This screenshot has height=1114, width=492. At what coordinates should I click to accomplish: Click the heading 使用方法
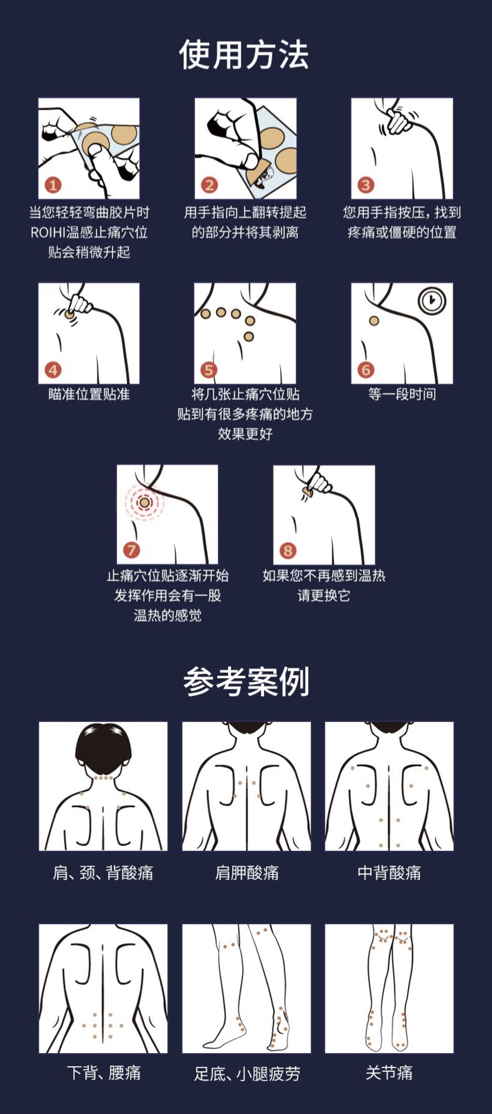tap(244, 55)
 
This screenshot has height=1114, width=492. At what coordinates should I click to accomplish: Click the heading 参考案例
tap(246, 681)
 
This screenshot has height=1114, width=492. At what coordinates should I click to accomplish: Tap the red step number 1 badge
tap(53, 185)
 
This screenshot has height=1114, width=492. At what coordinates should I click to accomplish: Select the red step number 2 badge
tap(209, 185)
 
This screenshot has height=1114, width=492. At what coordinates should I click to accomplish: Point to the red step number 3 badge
tap(366, 185)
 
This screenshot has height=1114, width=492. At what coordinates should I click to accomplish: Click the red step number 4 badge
tap(53, 370)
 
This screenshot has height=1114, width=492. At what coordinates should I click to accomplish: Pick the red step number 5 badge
tap(209, 370)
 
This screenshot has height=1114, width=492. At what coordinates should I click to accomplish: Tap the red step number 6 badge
tap(366, 370)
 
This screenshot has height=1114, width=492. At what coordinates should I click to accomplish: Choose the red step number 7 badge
tap(131, 551)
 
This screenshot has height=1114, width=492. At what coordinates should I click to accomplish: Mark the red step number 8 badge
tap(288, 551)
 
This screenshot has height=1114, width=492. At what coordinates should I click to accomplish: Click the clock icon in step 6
tap(432, 301)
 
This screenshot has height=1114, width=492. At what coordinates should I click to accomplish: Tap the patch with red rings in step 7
tap(144, 502)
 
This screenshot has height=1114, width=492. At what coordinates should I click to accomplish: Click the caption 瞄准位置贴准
tap(89, 395)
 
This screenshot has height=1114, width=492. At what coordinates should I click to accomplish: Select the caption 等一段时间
tap(402, 395)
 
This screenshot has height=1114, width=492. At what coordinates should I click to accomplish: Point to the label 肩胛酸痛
tap(247, 873)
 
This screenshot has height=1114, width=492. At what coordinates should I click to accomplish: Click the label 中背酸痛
tap(389, 873)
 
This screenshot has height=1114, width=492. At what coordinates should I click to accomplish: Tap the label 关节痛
tap(389, 1073)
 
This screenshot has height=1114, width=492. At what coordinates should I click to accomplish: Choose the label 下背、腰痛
tap(104, 1073)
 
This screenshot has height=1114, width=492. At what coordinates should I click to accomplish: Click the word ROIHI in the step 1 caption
tap(48, 233)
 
